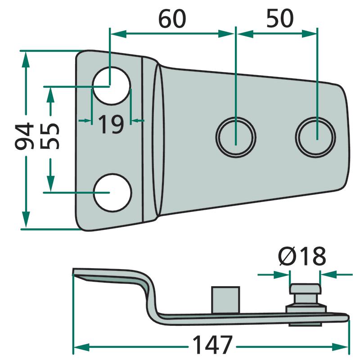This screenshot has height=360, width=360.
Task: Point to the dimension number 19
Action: (111, 124)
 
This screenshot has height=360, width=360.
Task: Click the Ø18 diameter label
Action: (302, 257)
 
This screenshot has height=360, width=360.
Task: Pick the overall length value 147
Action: (211, 346)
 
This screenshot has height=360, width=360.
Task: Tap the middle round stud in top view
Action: (236, 135)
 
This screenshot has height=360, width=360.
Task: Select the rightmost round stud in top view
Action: (316, 135)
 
